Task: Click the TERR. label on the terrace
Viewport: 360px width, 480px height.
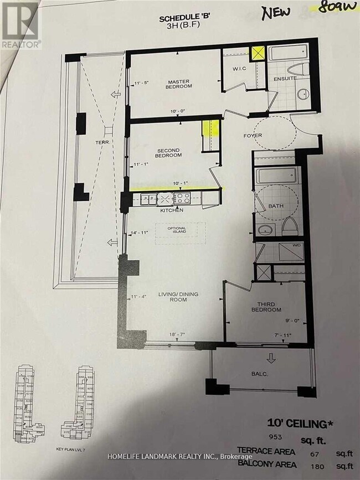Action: click(102, 142)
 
